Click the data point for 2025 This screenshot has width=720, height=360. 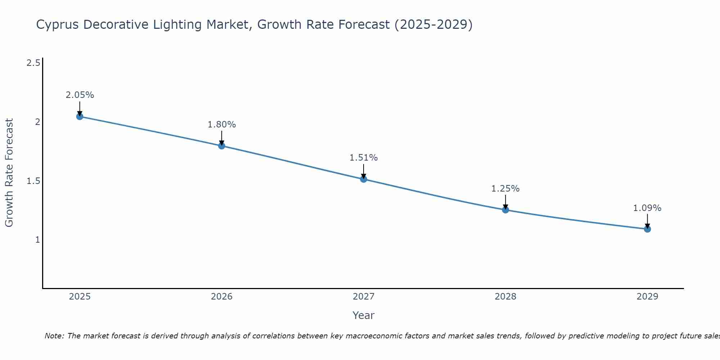click(80, 117)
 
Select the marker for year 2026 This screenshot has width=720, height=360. click(222, 146)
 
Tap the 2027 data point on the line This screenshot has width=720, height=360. click(364, 179)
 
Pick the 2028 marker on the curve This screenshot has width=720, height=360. click(505, 210)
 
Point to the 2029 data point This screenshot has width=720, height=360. click(647, 229)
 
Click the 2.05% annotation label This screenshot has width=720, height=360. click(80, 95)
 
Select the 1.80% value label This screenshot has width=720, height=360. click(222, 125)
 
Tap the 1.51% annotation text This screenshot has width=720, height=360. click(364, 158)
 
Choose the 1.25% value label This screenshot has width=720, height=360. click(505, 189)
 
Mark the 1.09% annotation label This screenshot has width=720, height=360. click(647, 208)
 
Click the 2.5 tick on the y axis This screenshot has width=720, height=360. click(33, 63)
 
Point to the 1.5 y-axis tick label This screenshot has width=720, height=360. click(33, 181)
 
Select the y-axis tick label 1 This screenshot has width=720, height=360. click(37, 240)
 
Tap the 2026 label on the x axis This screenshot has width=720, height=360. click(222, 297)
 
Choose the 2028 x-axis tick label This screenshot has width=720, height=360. click(505, 297)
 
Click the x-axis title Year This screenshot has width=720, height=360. click(364, 315)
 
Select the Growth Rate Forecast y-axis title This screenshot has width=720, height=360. click(9, 173)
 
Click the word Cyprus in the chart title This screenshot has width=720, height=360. click(58, 25)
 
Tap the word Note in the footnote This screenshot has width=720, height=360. click(54, 336)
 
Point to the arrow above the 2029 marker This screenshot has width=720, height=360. click(647, 220)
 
